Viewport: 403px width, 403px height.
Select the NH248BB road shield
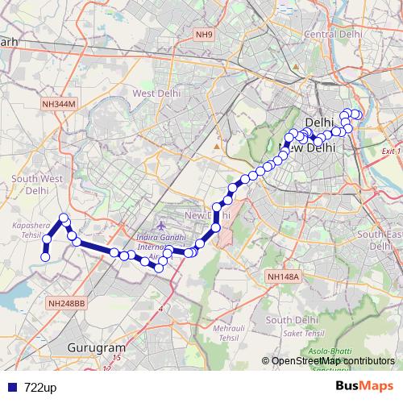[65, 303]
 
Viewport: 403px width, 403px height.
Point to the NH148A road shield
[283, 277]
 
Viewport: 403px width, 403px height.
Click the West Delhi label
[155, 93]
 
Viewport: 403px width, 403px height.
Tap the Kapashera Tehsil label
[27, 229]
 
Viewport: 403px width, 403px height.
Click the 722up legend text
[40, 388]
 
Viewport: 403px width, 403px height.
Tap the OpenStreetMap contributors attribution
[332, 361]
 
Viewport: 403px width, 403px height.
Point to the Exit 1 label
[391, 151]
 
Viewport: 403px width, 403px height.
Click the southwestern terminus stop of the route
[46, 257]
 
